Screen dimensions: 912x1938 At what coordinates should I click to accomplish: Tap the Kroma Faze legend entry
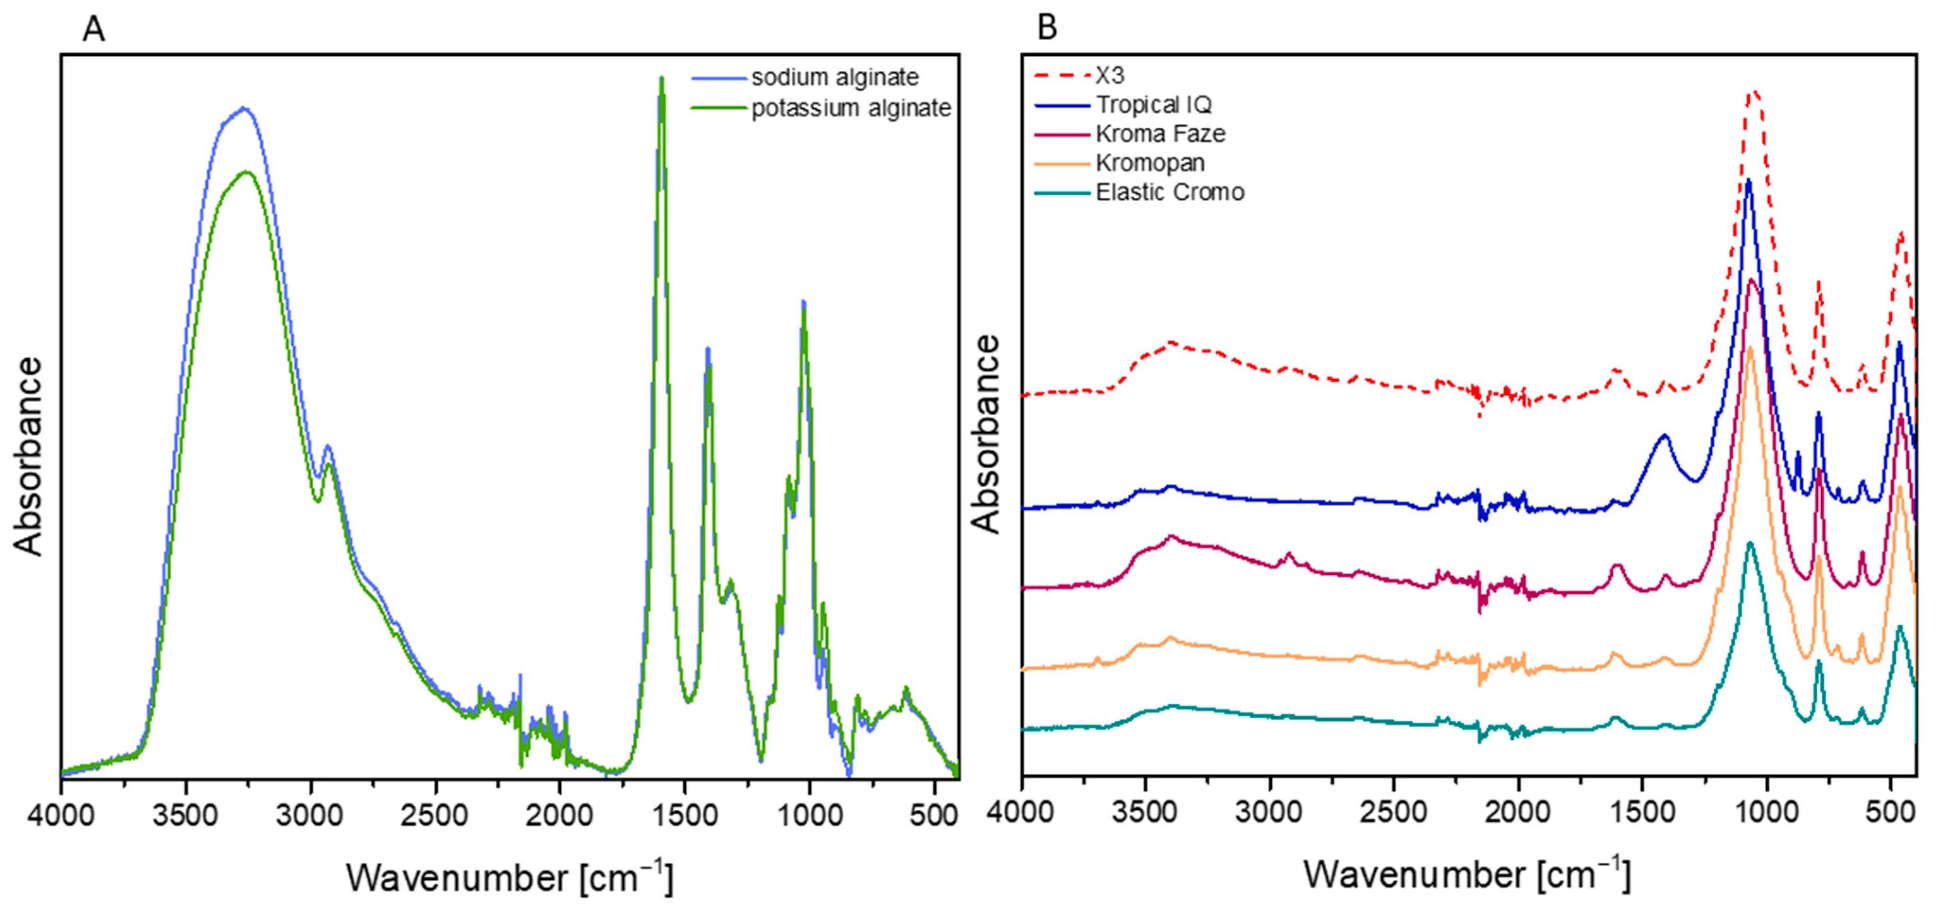1160,134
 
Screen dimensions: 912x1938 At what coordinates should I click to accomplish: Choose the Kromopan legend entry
1150,163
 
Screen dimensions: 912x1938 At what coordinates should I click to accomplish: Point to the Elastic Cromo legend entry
1169,193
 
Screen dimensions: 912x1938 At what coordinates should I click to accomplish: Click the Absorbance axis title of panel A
28,456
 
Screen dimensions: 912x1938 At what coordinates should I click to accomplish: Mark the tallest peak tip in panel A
661,78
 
